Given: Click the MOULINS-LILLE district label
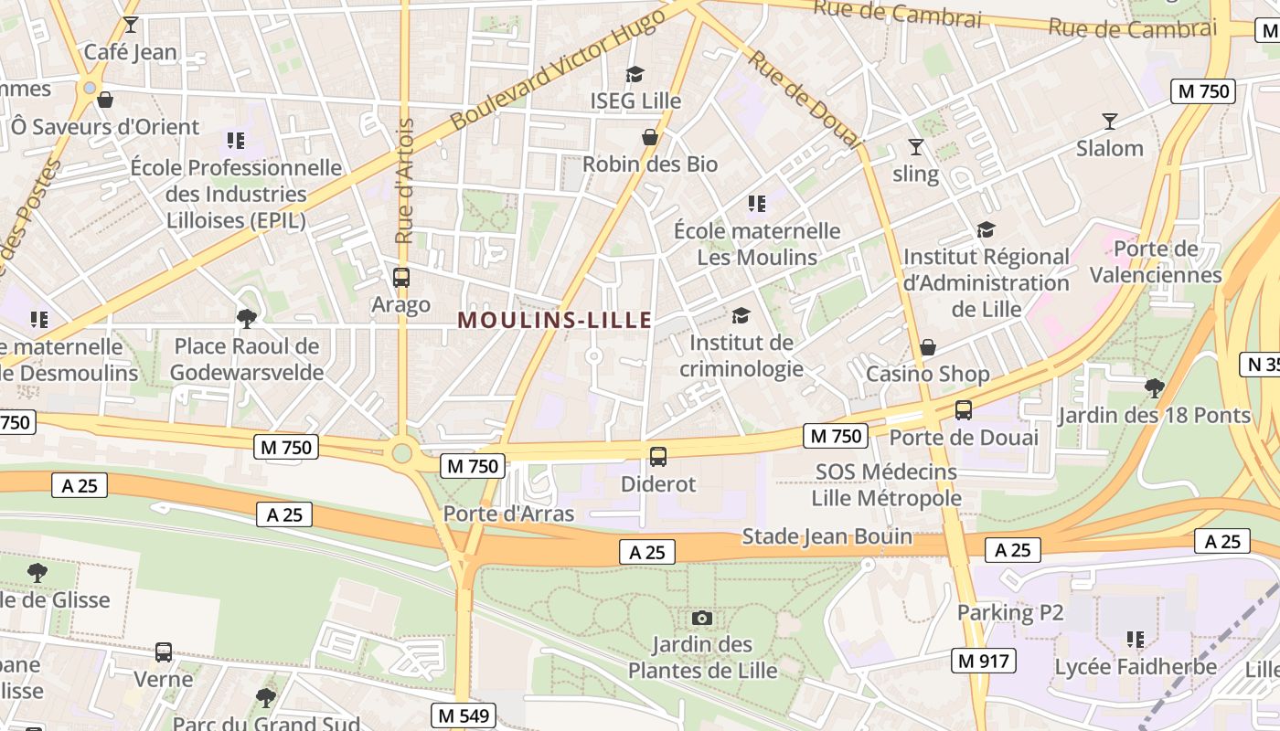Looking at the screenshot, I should click(x=555, y=320).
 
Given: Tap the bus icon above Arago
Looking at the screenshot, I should click(x=400, y=278).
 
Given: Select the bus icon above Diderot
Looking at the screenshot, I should click(x=657, y=457).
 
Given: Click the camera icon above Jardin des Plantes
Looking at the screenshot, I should click(x=701, y=619).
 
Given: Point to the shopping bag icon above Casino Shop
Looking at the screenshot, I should click(x=927, y=347).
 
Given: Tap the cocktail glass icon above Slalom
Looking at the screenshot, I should click(x=1109, y=121).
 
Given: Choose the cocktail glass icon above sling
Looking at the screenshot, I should click(x=915, y=146).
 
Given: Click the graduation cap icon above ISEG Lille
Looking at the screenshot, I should click(x=635, y=74).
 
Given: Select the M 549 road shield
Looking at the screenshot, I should click(x=463, y=715).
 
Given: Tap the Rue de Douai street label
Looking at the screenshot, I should click(x=805, y=99).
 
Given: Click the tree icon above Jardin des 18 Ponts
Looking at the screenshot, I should click(x=1154, y=387).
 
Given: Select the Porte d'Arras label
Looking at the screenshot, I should click(x=508, y=514).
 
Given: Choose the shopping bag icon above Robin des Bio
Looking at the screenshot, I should click(x=650, y=137).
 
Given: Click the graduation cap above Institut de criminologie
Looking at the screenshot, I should click(x=741, y=315).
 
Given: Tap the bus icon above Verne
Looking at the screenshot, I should click(x=164, y=652).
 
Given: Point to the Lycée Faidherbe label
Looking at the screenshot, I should click(x=1136, y=667).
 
